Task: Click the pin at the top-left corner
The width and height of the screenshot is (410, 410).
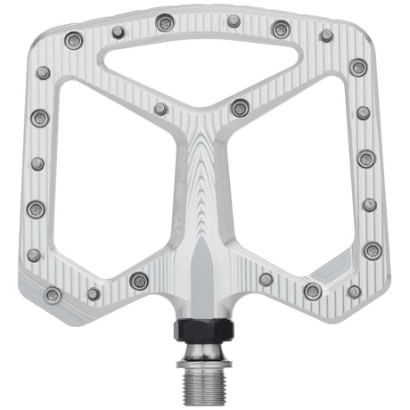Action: pos(74,40)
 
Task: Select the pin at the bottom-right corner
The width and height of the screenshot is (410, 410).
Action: pos(354,291)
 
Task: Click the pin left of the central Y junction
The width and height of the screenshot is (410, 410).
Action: pos(160,109)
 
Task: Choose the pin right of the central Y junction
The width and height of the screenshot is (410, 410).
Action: pos(240,108)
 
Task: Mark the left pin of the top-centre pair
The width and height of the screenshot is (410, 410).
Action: pos(165,22)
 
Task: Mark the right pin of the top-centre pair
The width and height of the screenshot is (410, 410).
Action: pos(234,20)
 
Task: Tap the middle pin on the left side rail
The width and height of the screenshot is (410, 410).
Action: pos(37,164)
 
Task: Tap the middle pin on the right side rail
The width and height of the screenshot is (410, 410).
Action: pos(366,159)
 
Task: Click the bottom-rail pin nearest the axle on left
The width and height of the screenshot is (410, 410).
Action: pos(139,281)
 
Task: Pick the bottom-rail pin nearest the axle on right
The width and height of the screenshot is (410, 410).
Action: pos(266,280)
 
